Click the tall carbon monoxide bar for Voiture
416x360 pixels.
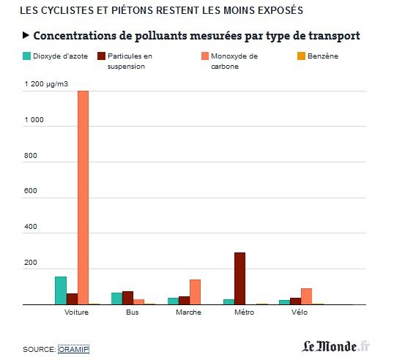[x=83, y=198]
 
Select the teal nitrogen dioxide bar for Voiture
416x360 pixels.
[x=60, y=290]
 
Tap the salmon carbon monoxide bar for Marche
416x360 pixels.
[x=195, y=292]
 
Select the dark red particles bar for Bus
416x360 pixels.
[x=127, y=298]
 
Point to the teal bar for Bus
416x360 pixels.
[x=116, y=299]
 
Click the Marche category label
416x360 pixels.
[x=188, y=313]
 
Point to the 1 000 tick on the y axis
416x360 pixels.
[x=34, y=120]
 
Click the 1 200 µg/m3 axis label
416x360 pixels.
[x=47, y=84]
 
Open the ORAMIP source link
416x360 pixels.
[x=73, y=350]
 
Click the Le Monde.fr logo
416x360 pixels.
[x=336, y=345]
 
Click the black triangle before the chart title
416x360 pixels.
[x=26, y=35]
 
